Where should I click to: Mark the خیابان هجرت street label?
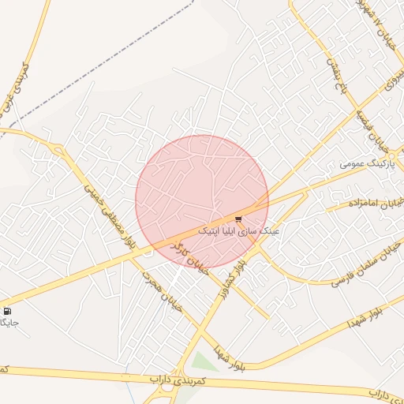pos(162,291)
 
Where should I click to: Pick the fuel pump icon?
pos(7,311)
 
